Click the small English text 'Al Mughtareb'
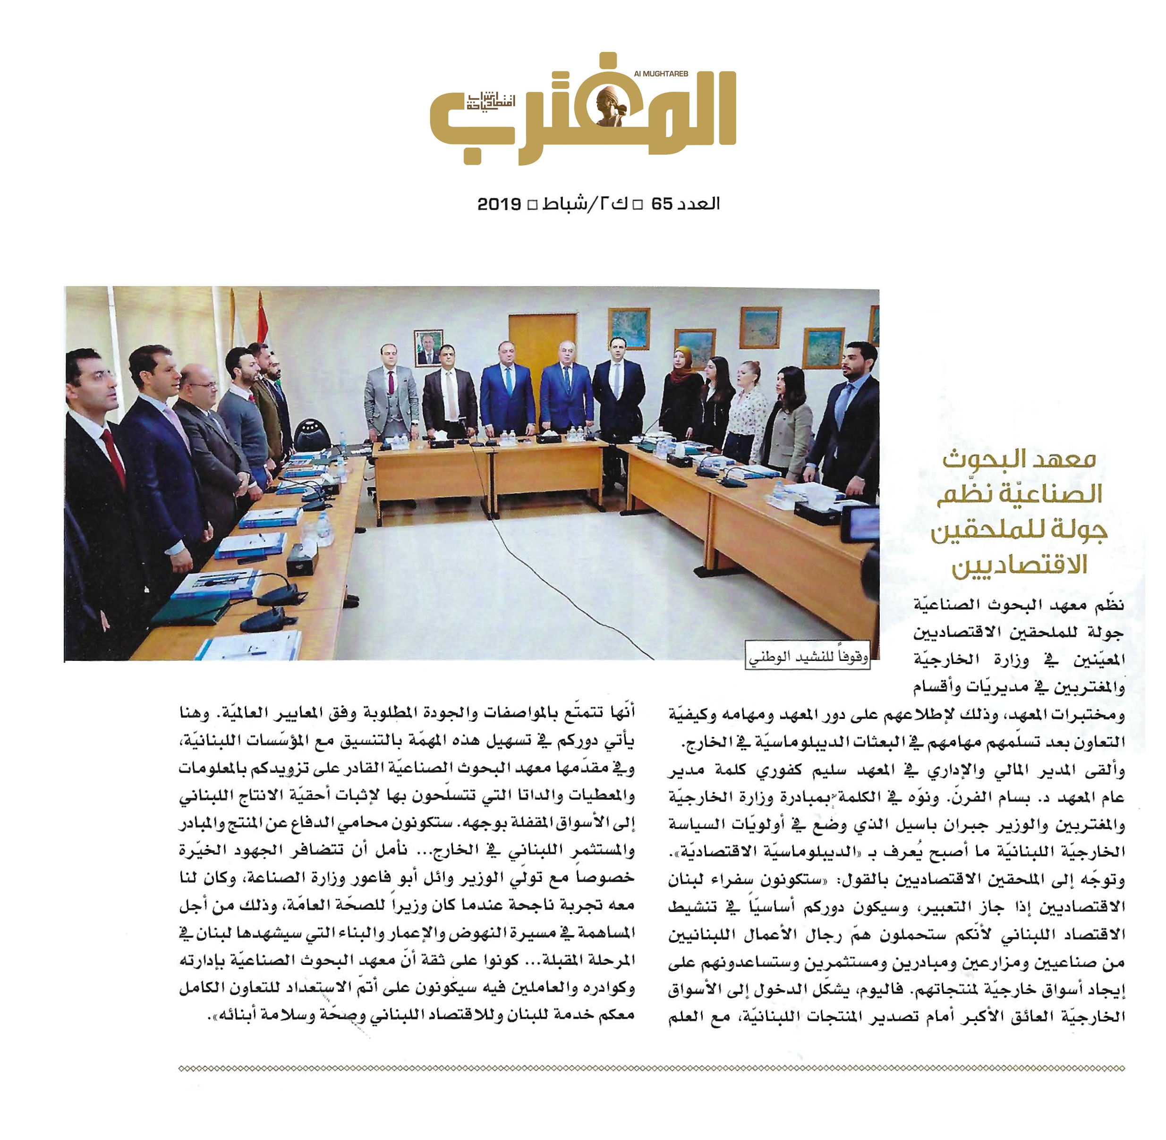tap(661, 74)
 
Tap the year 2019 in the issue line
tap(499, 204)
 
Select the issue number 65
tap(663, 204)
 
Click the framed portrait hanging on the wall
tap(428, 347)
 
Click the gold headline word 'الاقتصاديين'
tap(1019, 565)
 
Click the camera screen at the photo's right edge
tap(862, 524)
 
